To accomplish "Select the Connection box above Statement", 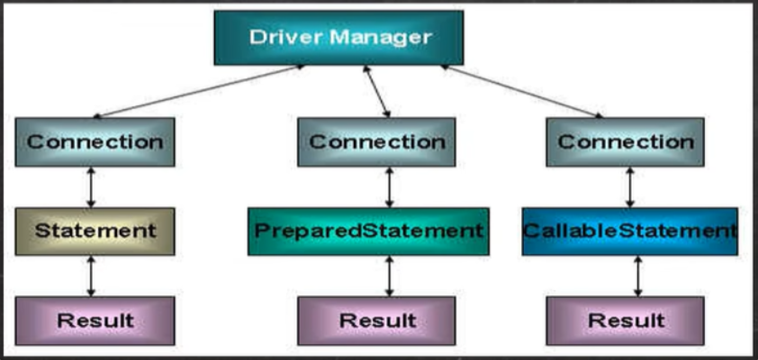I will pyautogui.click(x=95, y=142).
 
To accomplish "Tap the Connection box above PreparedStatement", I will pyautogui.click(x=376, y=142).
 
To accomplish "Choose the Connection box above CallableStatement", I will pyautogui.click(x=626, y=142).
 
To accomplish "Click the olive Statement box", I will pyautogui.click(x=95, y=230).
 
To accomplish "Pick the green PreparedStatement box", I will pyautogui.click(x=368, y=230).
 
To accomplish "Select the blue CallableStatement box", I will pyautogui.click(x=630, y=230).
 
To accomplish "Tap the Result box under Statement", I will pyautogui.click(x=95, y=320).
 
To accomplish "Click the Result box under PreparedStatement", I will pyautogui.click(x=376, y=320).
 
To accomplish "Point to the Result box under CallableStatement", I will pyautogui.click(x=626, y=320).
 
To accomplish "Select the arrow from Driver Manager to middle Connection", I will pyautogui.click(x=376, y=91).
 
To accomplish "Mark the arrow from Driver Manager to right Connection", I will pyautogui.click(x=522, y=91).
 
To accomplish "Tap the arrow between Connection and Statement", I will pyautogui.click(x=90, y=187).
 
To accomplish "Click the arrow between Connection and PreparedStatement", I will pyautogui.click(x=389, y=187).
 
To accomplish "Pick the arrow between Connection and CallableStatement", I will pyautogui.click(x=630, y=187).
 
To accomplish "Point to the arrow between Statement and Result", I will pyautogui.click(x=90, y=275).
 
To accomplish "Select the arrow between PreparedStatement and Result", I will pyautogui.click(x=389, y=275).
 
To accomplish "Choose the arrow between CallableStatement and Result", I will pyautogui.click(x=637, y=275).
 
